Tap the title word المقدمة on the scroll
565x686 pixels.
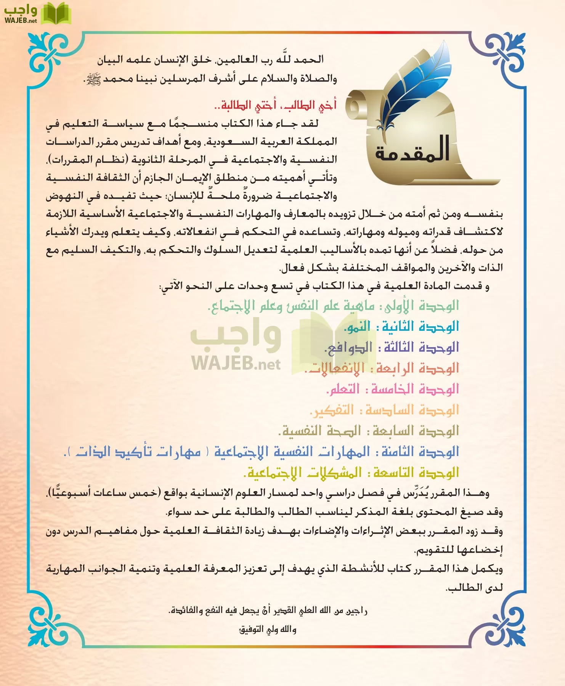tap(413, 150)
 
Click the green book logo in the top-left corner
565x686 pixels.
tap(56, 13)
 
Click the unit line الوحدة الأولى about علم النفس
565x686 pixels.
tap(333, 306)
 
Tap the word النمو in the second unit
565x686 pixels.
tap(357, 327)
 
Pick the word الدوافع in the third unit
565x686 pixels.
tap(348, 348)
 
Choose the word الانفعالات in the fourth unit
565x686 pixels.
tap(335, 369)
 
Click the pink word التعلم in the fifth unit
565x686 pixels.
tap(343, 389)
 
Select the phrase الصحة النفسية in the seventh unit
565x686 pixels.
tap(320, 431)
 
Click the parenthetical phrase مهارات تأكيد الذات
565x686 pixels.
tap(137, 452)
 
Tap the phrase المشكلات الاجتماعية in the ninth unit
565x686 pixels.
tap(303, 473)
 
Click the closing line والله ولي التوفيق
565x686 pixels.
tap(267, 629)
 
